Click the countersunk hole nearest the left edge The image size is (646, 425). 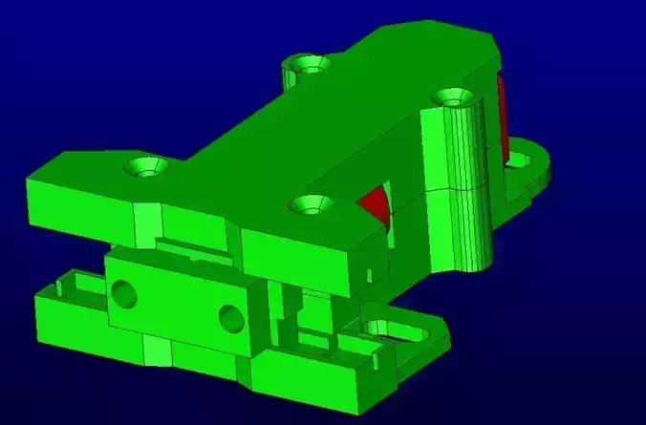[x=146, y=168]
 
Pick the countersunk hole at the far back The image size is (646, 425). [x=309, y=64]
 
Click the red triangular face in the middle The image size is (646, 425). [x=376, y=202]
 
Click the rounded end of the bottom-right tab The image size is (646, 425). [x=435, y=333]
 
